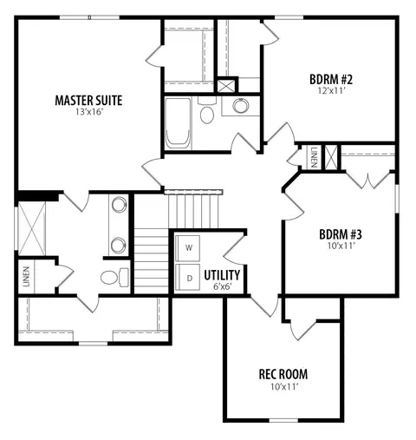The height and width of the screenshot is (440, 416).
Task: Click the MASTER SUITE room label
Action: coord(88,101)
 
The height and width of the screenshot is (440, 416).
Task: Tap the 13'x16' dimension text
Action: coord(89,112)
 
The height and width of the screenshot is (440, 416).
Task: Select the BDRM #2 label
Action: coord(331,79)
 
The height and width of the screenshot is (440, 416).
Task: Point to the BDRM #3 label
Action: coord(341,234)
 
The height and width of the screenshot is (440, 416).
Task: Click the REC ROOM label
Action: coord(283,374)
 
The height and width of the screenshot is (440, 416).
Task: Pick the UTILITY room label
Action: coord(222,275)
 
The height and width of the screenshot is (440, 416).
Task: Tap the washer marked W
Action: coord(188,248)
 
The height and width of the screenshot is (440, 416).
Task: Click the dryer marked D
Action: coord(188,277)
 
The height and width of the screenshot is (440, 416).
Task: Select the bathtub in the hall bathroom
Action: coord(178,123)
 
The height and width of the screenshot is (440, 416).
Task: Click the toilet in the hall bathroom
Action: coord(207,111)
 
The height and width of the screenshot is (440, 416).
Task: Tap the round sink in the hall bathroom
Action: coord(241,106)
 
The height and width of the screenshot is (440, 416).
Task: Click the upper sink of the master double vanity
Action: coord(119,204)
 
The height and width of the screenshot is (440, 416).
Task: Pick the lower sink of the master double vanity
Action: coord(119,246)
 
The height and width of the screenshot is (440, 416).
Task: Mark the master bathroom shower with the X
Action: coord(32,228)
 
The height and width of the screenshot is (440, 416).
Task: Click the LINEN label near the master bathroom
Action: coord(27,277)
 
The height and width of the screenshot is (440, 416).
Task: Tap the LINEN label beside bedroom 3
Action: coord(314,158)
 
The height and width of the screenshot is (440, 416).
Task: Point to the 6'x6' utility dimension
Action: coord(223,286)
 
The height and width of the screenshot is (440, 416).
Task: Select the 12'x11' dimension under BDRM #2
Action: coord(332,91)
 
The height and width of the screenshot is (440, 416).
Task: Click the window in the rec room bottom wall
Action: coord(283,420)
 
